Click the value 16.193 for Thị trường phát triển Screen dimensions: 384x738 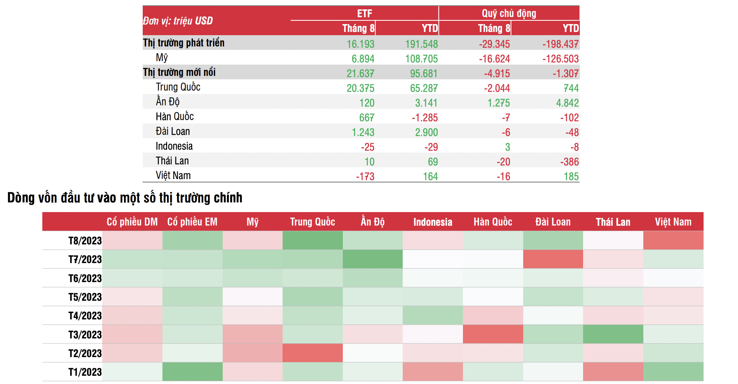point(360,44)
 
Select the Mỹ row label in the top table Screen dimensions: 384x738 point(162,58)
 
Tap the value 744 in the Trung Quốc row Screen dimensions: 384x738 point(571,88)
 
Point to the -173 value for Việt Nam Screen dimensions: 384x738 point(365,176)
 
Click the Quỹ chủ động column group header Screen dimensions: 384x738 point(508,13)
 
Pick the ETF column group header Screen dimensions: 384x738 point(364,13)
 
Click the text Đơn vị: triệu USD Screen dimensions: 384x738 point(178,21)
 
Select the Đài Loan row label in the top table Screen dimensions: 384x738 point(172,131)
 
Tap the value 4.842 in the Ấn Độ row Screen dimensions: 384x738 point(567,103)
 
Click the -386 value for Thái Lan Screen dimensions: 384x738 point(569,161)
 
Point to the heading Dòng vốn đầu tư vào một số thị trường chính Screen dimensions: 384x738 point(125,198)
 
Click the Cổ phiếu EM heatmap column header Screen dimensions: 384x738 point(192,222)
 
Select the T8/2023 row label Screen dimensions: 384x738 point(85,240)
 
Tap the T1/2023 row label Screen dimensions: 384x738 point(85,372)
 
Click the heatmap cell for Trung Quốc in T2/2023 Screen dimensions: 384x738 point(312,353)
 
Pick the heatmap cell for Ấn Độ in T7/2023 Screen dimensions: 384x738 point(373,259)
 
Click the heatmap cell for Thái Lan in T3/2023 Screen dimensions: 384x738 point(613,334)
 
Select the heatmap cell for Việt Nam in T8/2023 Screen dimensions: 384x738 point(673,240)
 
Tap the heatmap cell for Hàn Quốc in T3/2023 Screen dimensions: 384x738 point(493,334)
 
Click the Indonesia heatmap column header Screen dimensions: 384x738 point(432,222)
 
